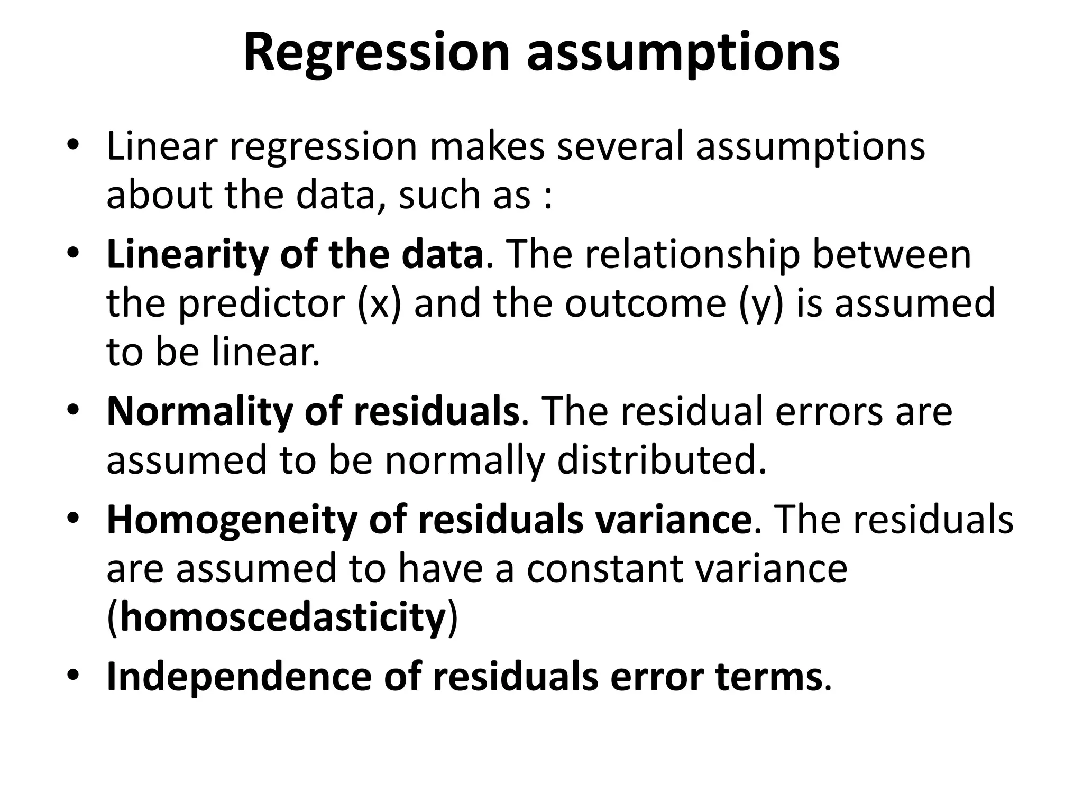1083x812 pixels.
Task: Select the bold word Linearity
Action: (x=187, y=255)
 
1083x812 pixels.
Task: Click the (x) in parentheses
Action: (x=379, y=304)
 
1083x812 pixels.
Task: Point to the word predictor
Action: (x=262, y=304)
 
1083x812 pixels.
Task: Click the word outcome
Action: (x=645, y=304)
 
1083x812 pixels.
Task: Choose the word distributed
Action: (x=662, y=460)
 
